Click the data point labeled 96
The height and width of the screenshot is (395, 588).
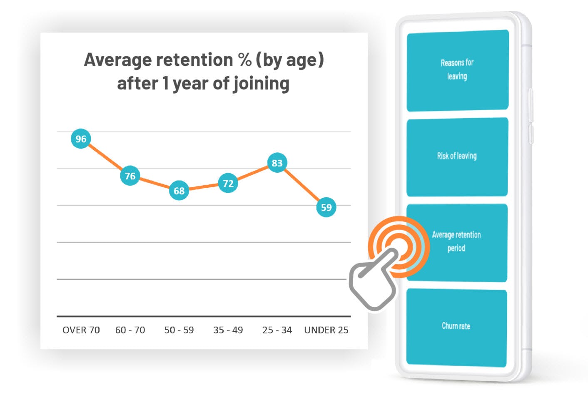(81, 139)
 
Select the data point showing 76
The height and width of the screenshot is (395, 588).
(130, 176)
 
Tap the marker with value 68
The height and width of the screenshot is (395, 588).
(179, 191)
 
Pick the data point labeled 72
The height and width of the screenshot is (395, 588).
(228, 183)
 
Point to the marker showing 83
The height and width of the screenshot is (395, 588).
(277, 163)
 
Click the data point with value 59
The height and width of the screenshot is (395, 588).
(326, 207)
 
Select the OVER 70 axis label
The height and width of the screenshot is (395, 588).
(81, 330)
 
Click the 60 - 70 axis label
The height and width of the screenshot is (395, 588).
(130, 330)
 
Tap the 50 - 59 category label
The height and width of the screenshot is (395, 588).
(179, 330)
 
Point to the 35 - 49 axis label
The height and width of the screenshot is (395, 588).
(228, 330)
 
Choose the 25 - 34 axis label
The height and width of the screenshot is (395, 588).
(277, 330)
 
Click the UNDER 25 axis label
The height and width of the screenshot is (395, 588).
(326, 330)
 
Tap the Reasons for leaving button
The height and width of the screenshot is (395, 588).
(457, 70)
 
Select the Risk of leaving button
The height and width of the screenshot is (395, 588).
(457, 156)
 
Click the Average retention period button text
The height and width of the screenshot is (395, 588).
(456, 241)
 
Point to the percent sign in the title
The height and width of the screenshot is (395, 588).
(245, 60)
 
